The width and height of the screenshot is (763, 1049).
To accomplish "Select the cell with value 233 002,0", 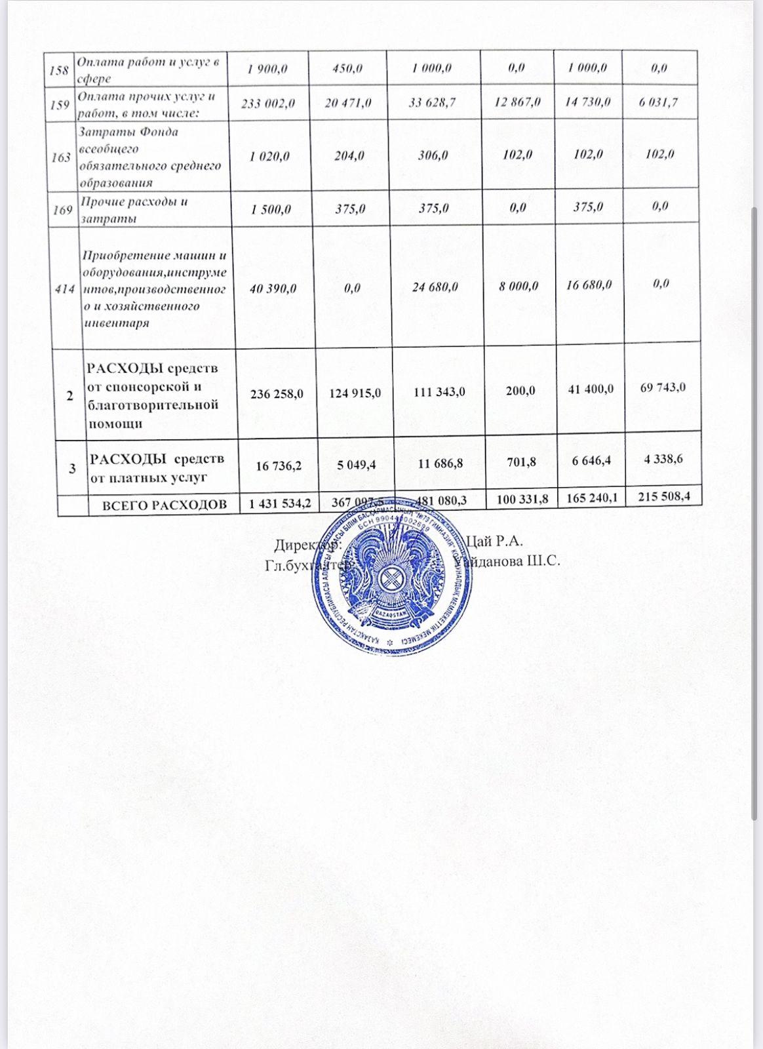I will point(268,103).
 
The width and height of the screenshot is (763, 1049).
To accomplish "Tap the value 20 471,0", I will point(348,103).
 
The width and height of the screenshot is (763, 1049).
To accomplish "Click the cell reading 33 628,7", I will point(433,102).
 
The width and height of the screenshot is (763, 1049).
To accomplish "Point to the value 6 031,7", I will point(659,101).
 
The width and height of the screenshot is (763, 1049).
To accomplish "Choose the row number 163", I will point(61,157).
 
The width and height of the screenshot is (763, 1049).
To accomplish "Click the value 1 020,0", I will point(270,156).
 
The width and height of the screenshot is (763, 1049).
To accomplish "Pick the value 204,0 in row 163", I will point(349,156).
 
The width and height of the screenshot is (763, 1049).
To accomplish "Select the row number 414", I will point(65,288).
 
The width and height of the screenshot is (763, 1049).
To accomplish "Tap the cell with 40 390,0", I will point(273,288).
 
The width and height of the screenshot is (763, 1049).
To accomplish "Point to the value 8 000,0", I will point(518,285).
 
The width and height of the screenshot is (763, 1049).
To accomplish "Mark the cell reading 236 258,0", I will point(277,393).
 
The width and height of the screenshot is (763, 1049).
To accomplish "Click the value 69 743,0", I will point(663,387).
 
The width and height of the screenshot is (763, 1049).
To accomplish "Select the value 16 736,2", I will point(279,465).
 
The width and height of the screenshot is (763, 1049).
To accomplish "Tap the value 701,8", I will point(521,462).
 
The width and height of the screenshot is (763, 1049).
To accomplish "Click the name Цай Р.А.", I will point(493,542).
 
